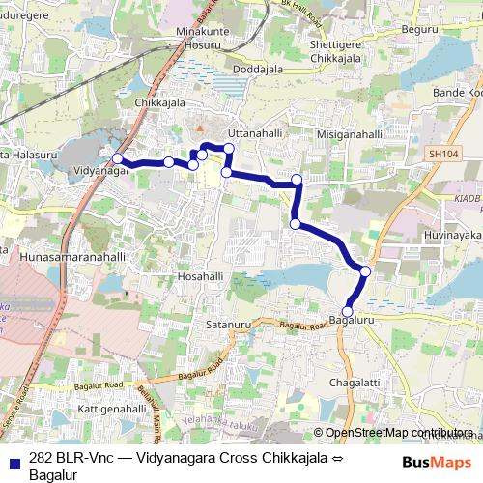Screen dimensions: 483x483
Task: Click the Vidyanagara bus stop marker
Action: [117, 159]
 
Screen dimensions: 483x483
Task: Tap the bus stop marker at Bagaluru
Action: [348, 311]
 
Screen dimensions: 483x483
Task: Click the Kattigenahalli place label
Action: [103, 411]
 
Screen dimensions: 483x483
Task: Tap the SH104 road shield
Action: [438, 152]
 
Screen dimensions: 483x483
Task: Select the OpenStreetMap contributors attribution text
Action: [399, 433]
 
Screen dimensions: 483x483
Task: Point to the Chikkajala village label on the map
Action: [159, 103]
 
